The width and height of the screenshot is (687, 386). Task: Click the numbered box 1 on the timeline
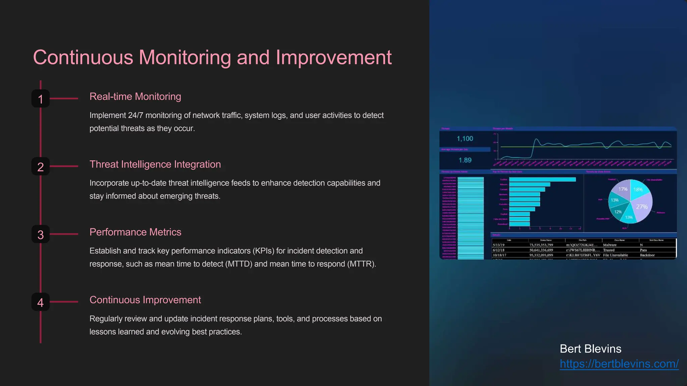(41, 99)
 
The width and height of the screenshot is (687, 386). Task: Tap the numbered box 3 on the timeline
(41, 234)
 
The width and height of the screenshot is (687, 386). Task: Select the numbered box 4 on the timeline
(41, 302)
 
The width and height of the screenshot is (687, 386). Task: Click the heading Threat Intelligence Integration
(155, 164)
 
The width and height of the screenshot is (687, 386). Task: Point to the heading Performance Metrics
(135, 232)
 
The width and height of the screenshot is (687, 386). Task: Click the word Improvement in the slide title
(333, 57)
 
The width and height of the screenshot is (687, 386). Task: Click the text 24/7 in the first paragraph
(136, 115)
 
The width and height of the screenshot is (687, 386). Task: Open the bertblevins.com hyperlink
(619, 364)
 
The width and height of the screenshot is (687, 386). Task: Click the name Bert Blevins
(590, 349)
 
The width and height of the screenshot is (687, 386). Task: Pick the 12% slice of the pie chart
(618, 212)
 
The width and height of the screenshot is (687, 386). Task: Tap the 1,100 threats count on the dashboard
(465, 139)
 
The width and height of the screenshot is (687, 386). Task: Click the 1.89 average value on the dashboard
(465, 160)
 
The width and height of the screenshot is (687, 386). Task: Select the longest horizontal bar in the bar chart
(542, 180)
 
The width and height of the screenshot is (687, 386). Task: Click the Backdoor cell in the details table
(647, 255)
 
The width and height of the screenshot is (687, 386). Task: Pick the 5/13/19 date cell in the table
(498, 245)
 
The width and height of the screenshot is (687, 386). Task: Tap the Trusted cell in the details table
(609, 250)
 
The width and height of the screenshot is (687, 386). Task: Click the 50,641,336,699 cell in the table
(541, 250)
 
